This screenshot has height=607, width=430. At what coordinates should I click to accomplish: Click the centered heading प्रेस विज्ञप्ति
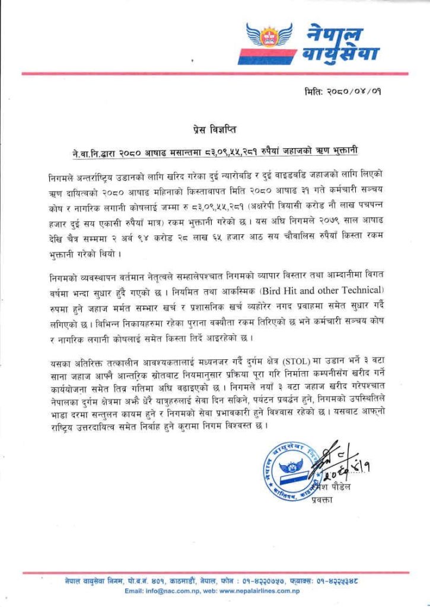click(215, 128)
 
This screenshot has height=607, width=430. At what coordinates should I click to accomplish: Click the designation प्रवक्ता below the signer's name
click(323, 500)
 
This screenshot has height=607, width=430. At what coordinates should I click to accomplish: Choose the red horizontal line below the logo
click(215, 74)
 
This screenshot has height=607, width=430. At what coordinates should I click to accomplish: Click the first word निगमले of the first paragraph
click(62, 179)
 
